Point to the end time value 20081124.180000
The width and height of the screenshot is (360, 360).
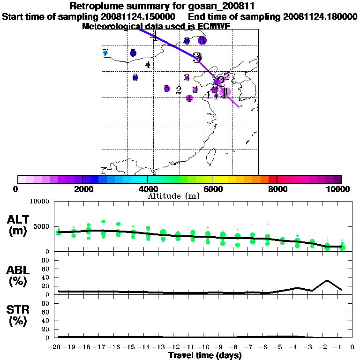[x=321, y=17]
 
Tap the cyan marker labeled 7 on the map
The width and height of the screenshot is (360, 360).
[x=105, y=52]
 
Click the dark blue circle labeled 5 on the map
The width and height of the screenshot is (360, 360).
[x=133, y=53]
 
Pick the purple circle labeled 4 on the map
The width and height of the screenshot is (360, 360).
[x=189, y=98]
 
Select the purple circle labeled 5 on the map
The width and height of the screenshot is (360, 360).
[x=167, y=89]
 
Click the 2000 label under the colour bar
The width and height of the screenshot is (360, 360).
[x=82, y=189]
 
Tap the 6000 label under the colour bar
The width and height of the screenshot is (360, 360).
[x=212, y=189]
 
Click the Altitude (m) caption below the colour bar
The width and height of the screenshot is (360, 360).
[x=173, y=196]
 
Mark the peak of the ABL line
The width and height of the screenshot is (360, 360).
[x=327, y=280]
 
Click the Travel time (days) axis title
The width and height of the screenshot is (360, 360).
[x=205, y=355]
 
